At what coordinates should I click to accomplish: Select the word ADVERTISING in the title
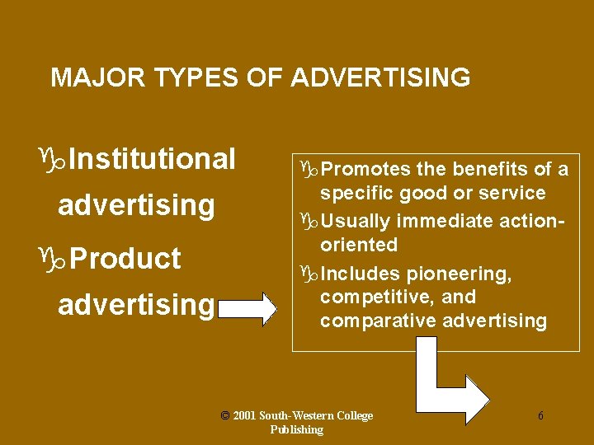[x=380, y=78]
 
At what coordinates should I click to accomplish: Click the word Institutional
[x=153, y=158]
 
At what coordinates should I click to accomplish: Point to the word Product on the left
[x=125, y=258]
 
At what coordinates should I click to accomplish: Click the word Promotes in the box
[x=365, y=170]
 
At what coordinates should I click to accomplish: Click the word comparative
[x=378, y=321]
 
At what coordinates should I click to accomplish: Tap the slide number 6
[x=540, y=416]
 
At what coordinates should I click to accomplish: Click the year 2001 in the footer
[x=246, y=416]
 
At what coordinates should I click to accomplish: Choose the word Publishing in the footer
[x=296, y=429]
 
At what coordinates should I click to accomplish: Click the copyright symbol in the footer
[x=225, y=415]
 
